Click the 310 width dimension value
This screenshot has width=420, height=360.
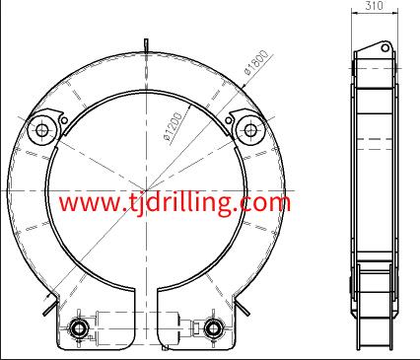[x=374, y=6]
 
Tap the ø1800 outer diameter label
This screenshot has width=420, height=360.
[x=256, y=62]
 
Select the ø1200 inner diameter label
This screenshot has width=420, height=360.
[x=174, y=126]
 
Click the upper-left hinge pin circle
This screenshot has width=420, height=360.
[x=42, y=130]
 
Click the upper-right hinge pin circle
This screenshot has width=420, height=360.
[x=250, y=130]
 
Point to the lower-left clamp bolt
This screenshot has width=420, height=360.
[x=79, y=327]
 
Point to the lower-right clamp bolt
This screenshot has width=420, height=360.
[x=213, y=327]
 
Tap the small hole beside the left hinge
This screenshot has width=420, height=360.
[x=65, y=120]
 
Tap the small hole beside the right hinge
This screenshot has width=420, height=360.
[x=228, y=120]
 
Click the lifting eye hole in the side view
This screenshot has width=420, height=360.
[x=385, y=48]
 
